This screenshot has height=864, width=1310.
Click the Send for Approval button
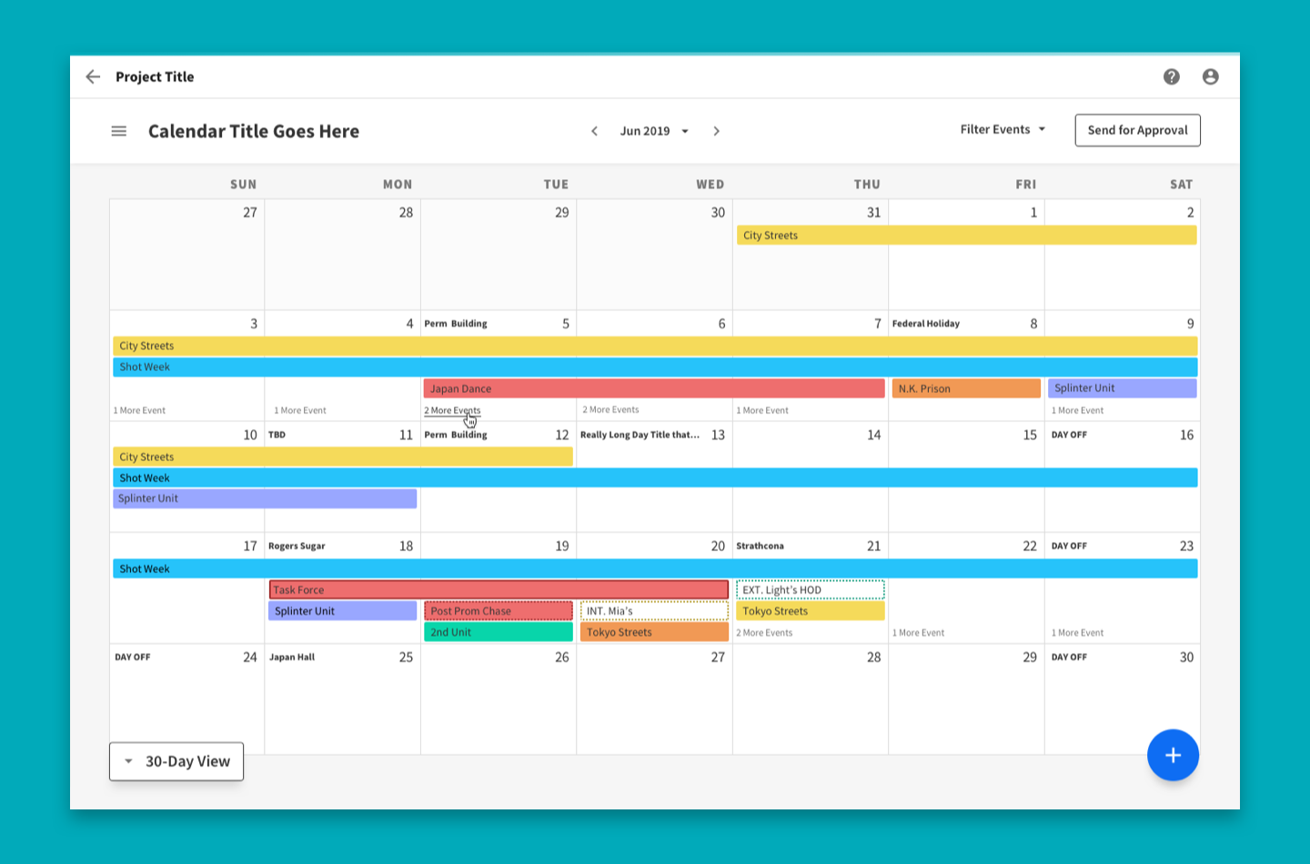[1137, 130]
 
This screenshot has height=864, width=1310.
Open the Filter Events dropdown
[1003, 129]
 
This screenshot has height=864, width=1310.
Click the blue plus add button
[1173, 755]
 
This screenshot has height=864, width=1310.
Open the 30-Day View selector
[176, 761]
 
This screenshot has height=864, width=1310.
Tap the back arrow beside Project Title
[93, 76]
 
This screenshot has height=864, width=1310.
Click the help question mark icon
[1172, 76]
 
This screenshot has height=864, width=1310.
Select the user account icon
[1210, 76]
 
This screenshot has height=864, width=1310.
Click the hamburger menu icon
[119, 131]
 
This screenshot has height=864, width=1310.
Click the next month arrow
[717, 131]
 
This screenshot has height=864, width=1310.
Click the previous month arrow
[595, 131]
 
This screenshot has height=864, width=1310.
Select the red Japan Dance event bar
[653, 388]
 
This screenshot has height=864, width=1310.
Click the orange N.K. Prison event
[965, 388]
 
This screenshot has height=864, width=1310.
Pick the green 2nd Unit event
[498, 632]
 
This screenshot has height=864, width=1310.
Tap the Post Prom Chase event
[498, 611]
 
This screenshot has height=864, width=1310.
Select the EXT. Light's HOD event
[810, 589]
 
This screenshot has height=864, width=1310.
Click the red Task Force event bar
[499, 589]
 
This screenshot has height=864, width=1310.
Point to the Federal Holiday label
[926, 324]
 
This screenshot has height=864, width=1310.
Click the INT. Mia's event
[654, 611]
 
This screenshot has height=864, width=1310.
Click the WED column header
[710, 184]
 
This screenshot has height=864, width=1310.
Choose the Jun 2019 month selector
[653, 131]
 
